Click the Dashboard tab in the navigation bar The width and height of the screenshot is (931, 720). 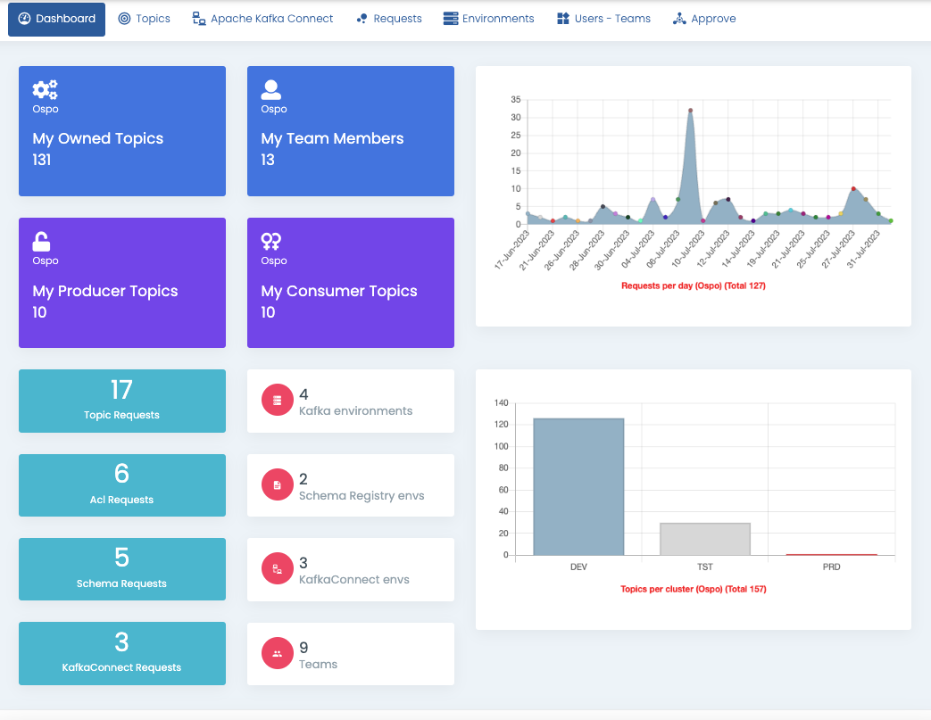coord(56,19)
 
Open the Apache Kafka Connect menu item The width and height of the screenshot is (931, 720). coord(263,19)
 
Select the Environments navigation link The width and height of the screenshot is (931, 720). coord(489,19)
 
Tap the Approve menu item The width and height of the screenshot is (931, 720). coord(704,19)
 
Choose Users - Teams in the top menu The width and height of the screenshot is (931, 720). coord(603,19)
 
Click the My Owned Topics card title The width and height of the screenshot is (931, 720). coord(98,138)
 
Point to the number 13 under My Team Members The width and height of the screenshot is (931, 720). coord(268,161)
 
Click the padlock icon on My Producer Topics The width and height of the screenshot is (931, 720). coord(41,241)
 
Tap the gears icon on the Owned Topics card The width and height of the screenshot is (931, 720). coord(45,89)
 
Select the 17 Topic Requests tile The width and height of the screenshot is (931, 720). coord(121,401)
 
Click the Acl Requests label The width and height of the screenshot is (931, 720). coord(121,500)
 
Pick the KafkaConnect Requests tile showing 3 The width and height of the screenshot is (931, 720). coord(121,653)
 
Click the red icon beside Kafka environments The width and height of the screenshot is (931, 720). coord(278,401)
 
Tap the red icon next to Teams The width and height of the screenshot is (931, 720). coord(278,654)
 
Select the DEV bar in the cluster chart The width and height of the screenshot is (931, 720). coord(578,486)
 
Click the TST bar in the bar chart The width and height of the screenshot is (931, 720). coord(704,539)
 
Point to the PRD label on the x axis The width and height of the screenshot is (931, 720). coord(831,567)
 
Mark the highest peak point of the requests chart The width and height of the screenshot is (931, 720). coord(690,111)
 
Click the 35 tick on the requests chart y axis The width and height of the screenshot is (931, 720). coord(515,100)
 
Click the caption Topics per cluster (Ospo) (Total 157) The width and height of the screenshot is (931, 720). coord(693,589)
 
